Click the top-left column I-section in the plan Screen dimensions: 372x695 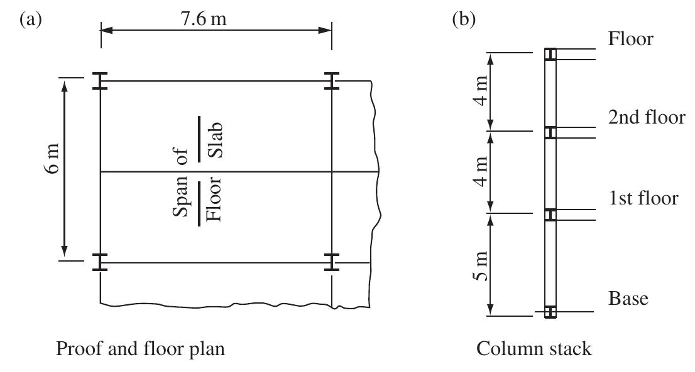tap(101, 81)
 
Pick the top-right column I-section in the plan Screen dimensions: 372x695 tap(331, 81)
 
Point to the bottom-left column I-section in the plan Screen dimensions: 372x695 tap(101, 262)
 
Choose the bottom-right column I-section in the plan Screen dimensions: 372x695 tap(331, 262)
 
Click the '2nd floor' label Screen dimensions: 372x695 tap(646, 118)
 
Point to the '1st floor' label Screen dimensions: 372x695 tap(643, 199)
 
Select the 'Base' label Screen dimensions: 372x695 tap(628, 300)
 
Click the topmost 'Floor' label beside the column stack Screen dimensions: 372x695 tap(631, 39)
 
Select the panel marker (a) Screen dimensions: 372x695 tap(31, 19)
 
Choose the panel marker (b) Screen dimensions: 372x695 tap(465, 19)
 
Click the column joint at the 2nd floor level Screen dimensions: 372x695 tap(550, 132)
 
